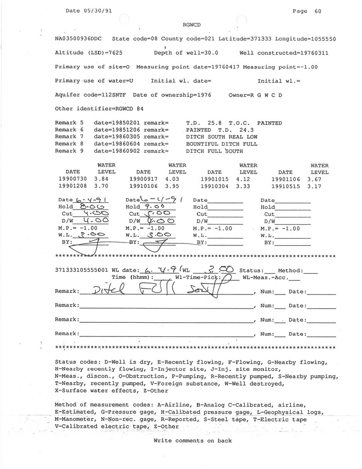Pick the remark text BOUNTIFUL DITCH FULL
tap(222, 143)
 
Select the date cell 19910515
tap(286, 186)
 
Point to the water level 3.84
tap(102, 179)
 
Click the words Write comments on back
tap(192, 441)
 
